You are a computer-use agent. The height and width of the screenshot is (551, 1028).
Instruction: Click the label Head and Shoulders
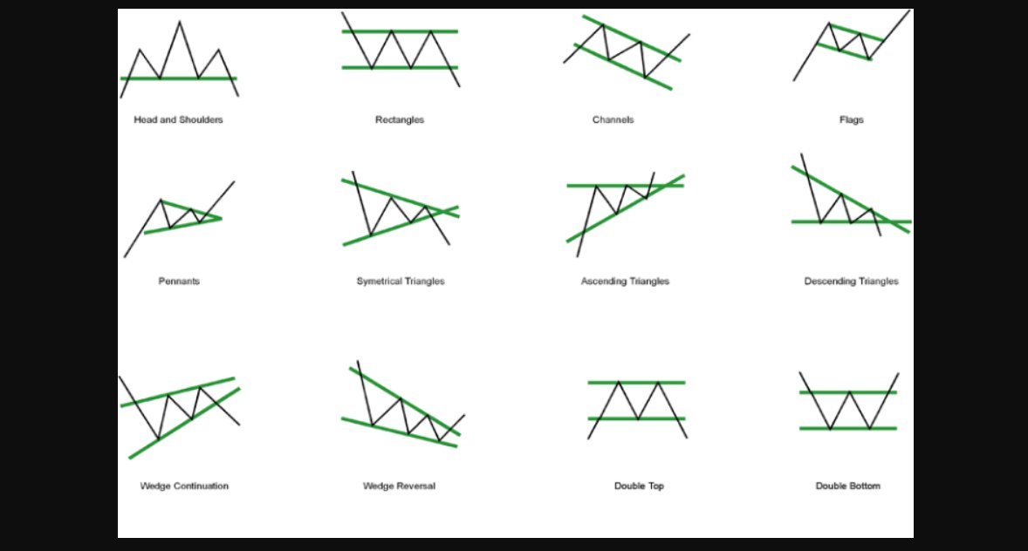pos(178,119)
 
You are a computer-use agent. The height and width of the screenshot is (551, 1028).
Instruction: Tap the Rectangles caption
pos(400,119)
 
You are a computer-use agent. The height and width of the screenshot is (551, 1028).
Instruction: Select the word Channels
pos(613,119)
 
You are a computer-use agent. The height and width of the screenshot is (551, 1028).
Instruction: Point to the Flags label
pos(851,119)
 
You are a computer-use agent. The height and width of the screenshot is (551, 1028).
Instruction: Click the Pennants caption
pos(179,281)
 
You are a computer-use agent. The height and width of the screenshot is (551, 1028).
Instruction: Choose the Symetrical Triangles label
pos(401,281)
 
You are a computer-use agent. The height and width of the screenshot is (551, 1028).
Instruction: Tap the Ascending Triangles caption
pos(625,281)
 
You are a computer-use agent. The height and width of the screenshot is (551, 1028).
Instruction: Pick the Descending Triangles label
pos(851,281)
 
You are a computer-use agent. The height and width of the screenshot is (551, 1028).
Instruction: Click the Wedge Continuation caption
pos(184,486)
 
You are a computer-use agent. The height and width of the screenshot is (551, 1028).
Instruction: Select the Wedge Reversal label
pos(399,486)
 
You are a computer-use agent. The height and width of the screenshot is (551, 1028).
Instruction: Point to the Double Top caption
pos(639,486)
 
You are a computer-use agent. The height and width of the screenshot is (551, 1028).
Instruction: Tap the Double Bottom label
pos(847,486)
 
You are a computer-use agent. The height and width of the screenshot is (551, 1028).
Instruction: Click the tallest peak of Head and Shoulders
pos(180,23)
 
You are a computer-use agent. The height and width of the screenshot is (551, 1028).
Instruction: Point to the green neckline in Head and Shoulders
pos(140,78)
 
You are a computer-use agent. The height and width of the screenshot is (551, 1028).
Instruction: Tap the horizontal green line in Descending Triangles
pos(807,222)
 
